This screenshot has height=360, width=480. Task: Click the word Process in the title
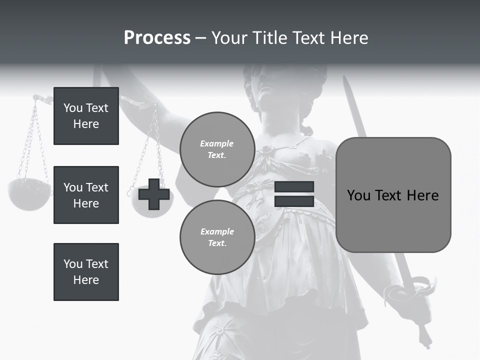(x=157, y=38)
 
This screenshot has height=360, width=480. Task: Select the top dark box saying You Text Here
(x=86, y=116)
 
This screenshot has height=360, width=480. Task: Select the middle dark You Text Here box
(x=86, y=195)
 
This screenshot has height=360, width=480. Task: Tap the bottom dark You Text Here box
(x=86, y=271)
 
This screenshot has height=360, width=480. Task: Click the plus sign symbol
(x=154, y=194)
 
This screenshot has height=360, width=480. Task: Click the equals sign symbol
(x=294, y=194)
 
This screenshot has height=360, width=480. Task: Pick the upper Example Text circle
(x=217, y=149)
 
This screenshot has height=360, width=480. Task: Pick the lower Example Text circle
(x=217, y=237)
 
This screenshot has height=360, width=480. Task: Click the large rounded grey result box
(x=393, y=195)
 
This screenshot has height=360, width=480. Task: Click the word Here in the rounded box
(x=422, y=195)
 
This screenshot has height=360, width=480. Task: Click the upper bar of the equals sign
(x=294, y=187)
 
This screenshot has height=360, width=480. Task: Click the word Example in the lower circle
(x=217, y=231)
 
